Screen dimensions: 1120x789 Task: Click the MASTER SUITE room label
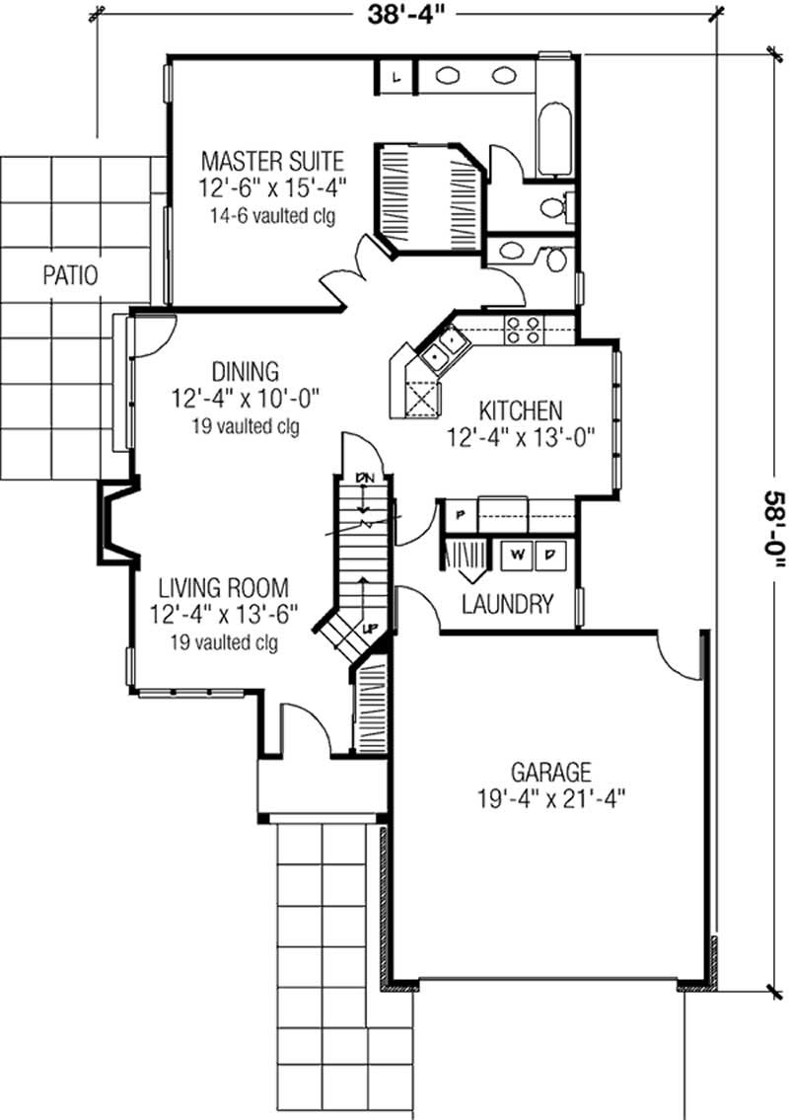point(272,159)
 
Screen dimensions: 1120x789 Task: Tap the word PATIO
point(70,275)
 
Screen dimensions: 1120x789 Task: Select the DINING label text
point(245,371)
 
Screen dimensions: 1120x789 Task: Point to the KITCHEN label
point(521,410)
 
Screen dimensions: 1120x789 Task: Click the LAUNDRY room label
point(507,604)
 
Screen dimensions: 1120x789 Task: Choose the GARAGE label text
point(550,771)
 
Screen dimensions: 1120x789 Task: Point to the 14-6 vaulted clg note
point(272,215)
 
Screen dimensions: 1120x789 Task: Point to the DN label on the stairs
point(367,478)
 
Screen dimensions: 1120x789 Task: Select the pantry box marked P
point(460,512)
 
